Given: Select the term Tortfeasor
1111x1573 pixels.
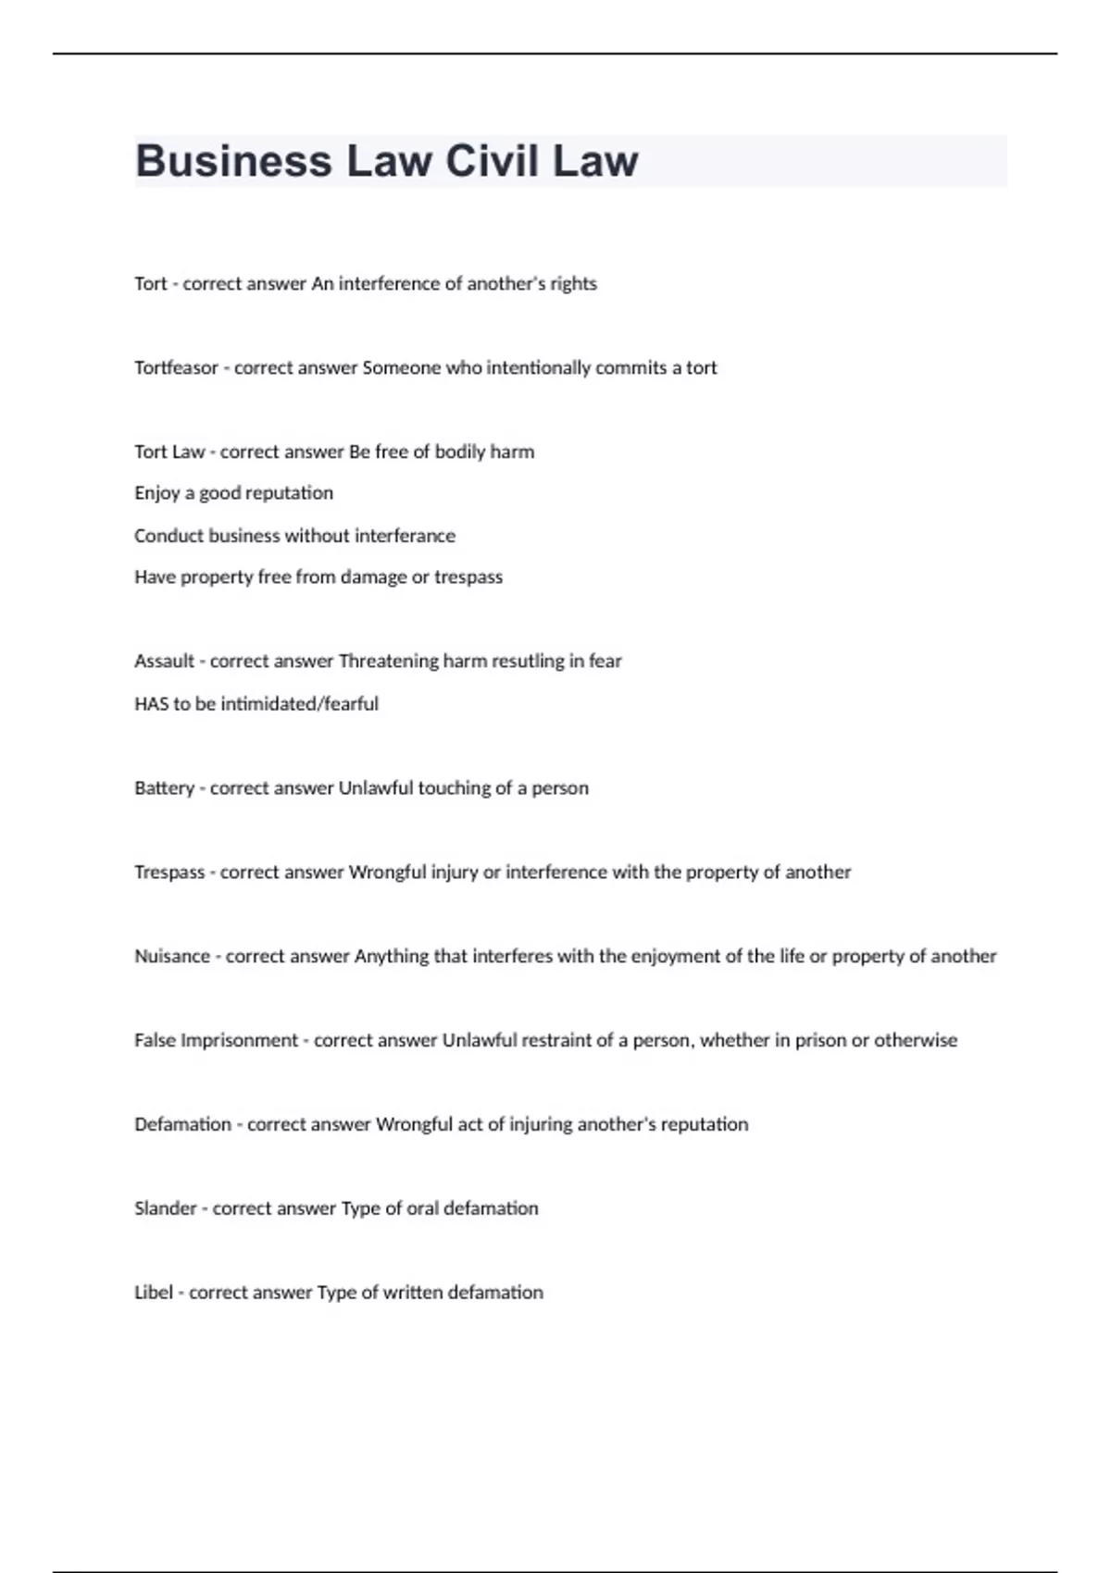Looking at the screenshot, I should click(176, 367).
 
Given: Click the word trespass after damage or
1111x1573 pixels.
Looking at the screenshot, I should click(468, 577).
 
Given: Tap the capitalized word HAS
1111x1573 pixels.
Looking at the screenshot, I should click(151, 703).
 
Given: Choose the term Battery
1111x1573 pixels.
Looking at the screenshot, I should click(164, 787).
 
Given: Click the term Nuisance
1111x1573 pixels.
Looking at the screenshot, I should click(172, 956).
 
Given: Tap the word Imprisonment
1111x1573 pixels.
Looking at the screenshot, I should click(239, 1040).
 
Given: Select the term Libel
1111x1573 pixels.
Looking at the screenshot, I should click(154, 1293).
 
